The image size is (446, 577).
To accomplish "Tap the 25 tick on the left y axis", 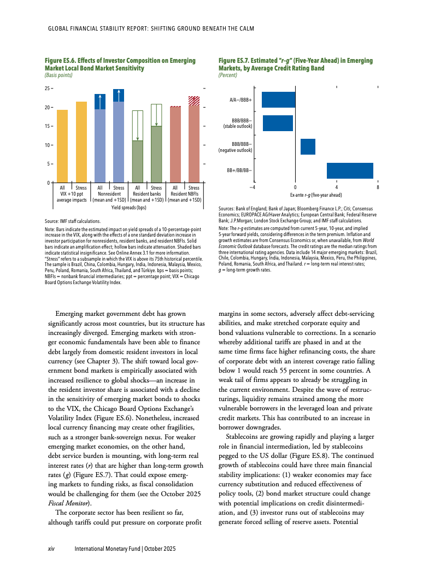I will [x=48, y=89].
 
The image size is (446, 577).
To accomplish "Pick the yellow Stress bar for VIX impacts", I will [x=81, y=142].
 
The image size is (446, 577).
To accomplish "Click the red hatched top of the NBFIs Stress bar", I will [x=194, y=101].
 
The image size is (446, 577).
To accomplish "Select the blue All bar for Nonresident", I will [x=100, y=145].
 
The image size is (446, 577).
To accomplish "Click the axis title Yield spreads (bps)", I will [x=129, y=208].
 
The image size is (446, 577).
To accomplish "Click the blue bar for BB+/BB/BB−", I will [x=350, y=170].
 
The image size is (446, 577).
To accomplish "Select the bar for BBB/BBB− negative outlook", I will [x=308, y=146].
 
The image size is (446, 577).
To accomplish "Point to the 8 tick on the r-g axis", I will [x=378, y=187].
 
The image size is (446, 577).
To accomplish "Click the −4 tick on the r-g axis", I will [x=253, y=187].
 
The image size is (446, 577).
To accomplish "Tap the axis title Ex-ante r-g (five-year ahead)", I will [x=316, y=195].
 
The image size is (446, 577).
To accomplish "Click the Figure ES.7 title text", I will [x=295, y=64].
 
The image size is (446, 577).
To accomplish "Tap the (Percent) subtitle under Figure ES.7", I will [x=227, y=75].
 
